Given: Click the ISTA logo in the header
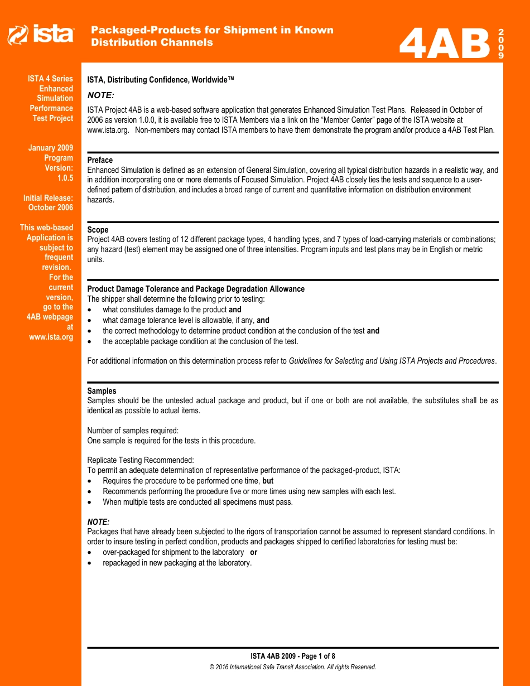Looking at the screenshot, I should pos(40,35).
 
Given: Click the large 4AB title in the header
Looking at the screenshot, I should pos(445,44).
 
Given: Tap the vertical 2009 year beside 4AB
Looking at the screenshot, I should pos(500,44).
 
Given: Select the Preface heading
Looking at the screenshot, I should pos(100,160).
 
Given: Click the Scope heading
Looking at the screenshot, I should pos(98,230).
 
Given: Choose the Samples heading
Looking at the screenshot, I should pos(102,391).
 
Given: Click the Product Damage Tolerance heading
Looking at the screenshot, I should pos(196,289).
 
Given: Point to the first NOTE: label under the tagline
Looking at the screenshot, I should pos(100,95).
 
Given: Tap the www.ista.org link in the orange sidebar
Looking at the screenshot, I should pos(51,337).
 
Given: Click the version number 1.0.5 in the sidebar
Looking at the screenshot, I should pos(65,178).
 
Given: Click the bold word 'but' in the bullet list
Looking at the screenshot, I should pos(268,481).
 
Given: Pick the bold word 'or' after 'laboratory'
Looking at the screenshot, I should pos(253,552).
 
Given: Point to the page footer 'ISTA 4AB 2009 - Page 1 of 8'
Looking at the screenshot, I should pos(292,656).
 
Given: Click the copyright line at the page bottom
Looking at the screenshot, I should pos(292,667).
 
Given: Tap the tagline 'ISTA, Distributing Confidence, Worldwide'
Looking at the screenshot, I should pos(161,80).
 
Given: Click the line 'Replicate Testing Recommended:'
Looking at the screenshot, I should pos(141,460).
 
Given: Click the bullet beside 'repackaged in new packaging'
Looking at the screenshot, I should pos(91,563).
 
